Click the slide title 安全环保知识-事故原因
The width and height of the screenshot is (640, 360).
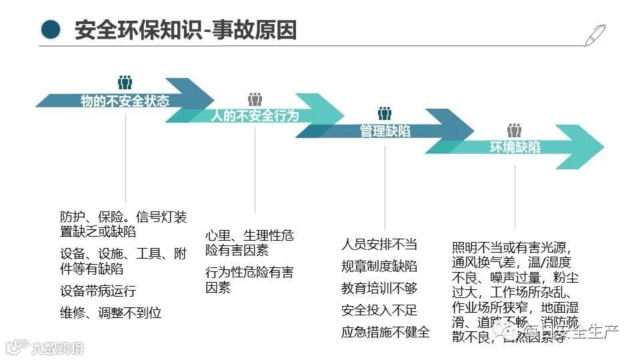point(185,30)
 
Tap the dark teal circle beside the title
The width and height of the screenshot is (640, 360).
point(50,29)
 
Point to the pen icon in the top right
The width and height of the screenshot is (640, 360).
point(595,34)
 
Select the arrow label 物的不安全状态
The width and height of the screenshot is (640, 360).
point(125,101)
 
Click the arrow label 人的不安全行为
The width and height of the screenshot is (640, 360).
point(255,116)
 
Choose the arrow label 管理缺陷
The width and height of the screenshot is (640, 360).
point(385,131)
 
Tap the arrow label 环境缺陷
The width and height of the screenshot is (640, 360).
point(515,147)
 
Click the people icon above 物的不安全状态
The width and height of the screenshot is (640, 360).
point(125,82)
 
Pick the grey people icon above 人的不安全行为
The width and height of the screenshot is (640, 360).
point(255,99)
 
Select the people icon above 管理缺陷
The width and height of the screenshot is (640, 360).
point(385,114)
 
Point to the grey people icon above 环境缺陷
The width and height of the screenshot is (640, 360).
point(514,131)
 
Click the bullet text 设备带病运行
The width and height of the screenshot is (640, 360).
point(98,291)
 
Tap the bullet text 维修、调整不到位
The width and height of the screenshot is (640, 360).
point(111,312)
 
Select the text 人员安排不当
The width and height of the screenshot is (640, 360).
point(379,244)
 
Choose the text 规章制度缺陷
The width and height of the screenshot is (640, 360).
point(379,266)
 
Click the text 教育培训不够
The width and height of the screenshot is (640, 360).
point(379,288)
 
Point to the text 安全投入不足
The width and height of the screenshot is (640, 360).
point(379,310)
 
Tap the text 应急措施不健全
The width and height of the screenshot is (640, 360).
point(385,332)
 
